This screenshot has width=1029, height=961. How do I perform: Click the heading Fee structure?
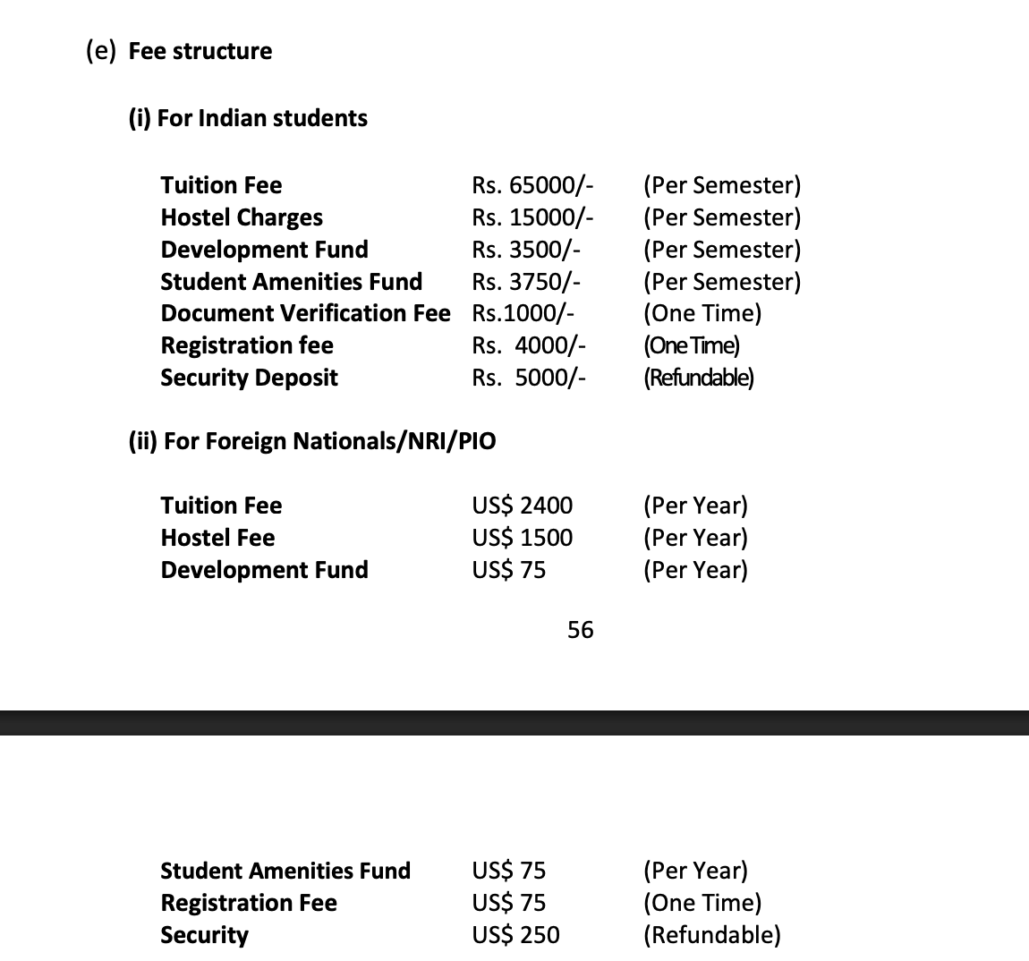pyautogui.click(x=200, y=51)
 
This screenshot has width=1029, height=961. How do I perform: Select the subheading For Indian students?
pyautogui.click(x=249, y=118)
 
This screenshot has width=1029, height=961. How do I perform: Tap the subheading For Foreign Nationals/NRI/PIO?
pyautogui.click(x=312, y=441)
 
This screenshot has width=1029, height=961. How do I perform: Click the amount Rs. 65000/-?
pyautogui.click(x=532, y=185)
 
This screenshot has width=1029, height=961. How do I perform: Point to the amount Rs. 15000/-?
pyautogui.click(x=532, y=217)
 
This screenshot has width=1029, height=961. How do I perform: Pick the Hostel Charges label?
pyautogui.click(x=242, y=217)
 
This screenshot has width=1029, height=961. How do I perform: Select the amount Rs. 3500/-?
pyautogui.click(x=527, y=250)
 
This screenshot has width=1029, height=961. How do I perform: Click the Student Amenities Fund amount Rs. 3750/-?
pyautogui.click(x=527, y=282)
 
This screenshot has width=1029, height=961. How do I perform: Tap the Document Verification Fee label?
pyautogui.click(x=305, y=313)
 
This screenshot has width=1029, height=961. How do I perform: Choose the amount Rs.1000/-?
pyautogui.click(x=523, y=313)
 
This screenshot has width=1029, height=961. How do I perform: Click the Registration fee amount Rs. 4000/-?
pyautogui.click(x=529, y=345)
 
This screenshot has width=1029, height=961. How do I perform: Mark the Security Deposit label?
pyautogui.click(x=249, y=378)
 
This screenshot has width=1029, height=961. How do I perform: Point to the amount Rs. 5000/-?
pyautogui.click(x=529, y=378)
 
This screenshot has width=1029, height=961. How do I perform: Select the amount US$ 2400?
pyautogui.click(x=522, y=506)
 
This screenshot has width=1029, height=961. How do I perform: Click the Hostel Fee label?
pyautogui.click(x=217, y=538)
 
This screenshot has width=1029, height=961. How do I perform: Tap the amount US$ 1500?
pyautogui.click(x=522, y=538)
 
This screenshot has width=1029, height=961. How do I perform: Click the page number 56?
pyautogui.click(x=580, y=630)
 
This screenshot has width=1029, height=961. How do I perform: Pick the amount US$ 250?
pyautogui.click(x=515, y=935)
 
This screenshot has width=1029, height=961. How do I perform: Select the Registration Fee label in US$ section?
pyautogui.click(x=249, y=903)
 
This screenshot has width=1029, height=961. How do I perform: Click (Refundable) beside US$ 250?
pyautogui.click(x=711, y=935)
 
